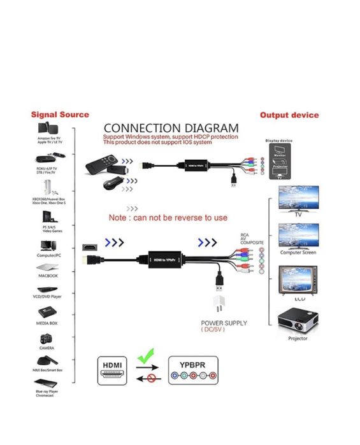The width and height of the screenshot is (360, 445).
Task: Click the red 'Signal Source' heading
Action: pyautogui.click(x=61, y=115)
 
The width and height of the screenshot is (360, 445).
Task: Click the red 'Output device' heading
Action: pyautogui.click(x=289, y=115)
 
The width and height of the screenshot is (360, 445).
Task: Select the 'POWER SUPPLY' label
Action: pyautogui.click(x=224, y=323)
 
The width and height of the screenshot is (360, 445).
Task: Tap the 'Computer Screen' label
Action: pyautogui.click(x=298, y=253)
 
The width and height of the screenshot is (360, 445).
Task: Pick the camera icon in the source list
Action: pyautogui.click(x=46, y=339)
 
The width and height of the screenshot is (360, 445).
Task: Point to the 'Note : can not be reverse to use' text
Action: pyautogui.click(x=168, y=218)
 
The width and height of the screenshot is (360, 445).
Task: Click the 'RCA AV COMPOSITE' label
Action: pyautogui.click(x=251, y=239)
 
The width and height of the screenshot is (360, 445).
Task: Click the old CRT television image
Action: pyautogui.click(x=296, y=280)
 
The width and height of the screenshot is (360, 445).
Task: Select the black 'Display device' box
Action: pyautogui.click(x=278, y=161)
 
